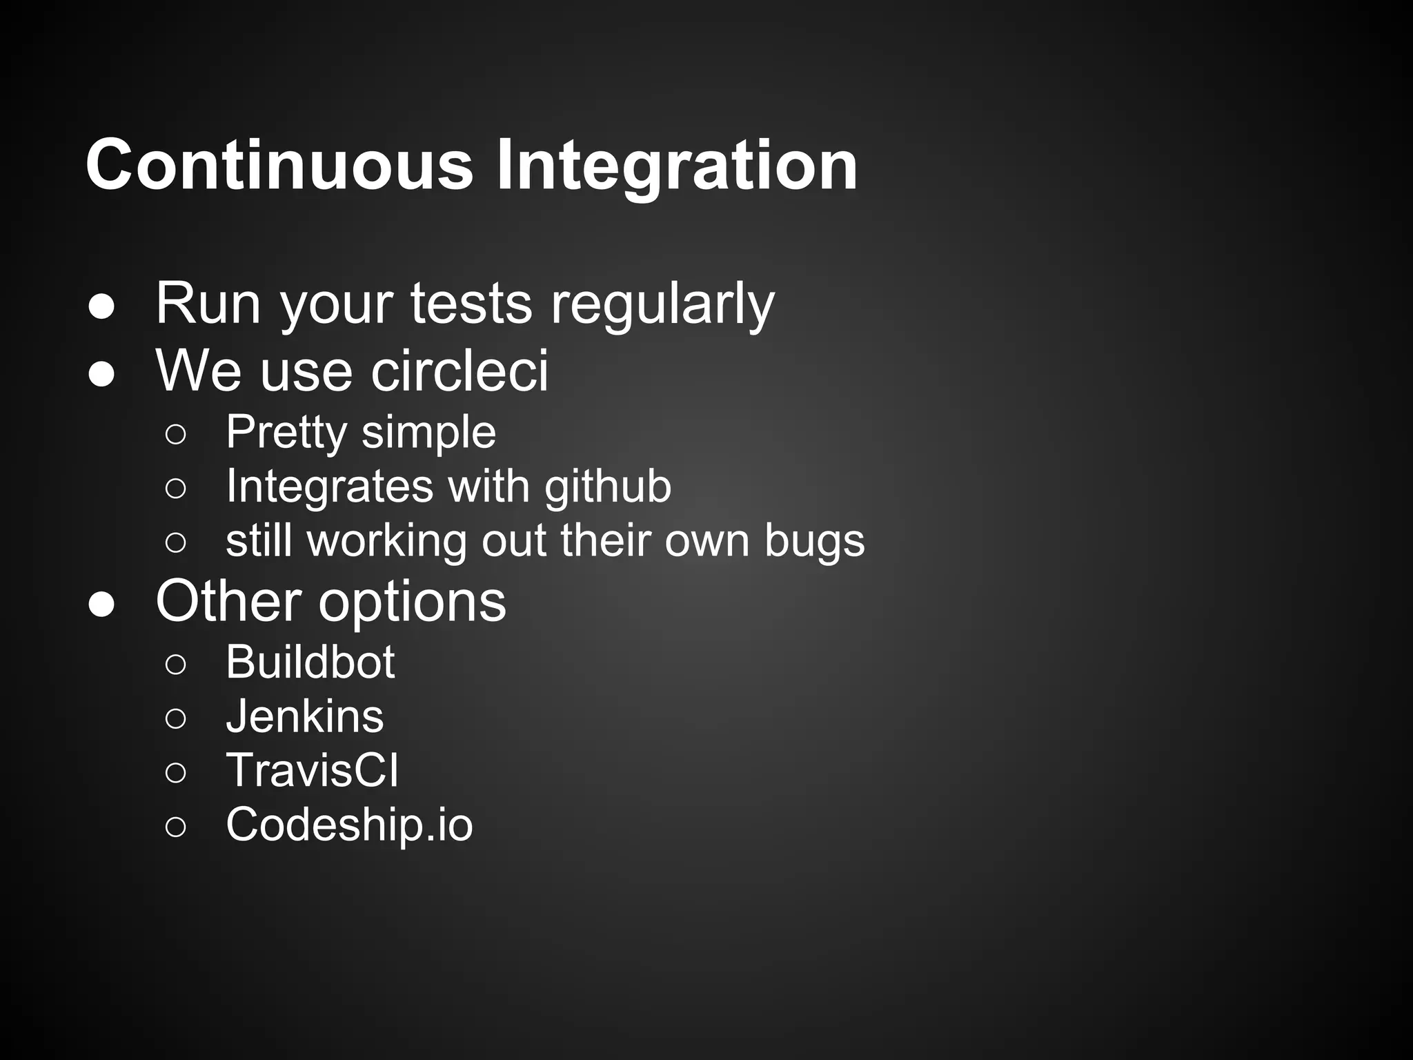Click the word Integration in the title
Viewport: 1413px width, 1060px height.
[x=677, y=166]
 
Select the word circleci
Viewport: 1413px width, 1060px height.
[x=460, y=371]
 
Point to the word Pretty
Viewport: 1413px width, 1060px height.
[x=286, y=433]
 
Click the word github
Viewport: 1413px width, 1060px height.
[x=607, y=487]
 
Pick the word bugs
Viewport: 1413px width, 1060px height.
[x=814, y=541]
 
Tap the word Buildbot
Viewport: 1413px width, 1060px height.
[x=310, y=662]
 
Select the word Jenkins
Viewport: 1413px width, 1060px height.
[x=305, y=716]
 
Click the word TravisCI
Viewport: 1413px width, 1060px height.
[x=312, y=770]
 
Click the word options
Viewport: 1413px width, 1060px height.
[x=412, y=602]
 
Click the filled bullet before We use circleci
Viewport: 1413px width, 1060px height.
[x=101, y=375]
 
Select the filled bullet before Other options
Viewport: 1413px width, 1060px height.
[x=101, y=605]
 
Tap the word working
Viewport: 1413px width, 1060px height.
[x=387, y=541]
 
